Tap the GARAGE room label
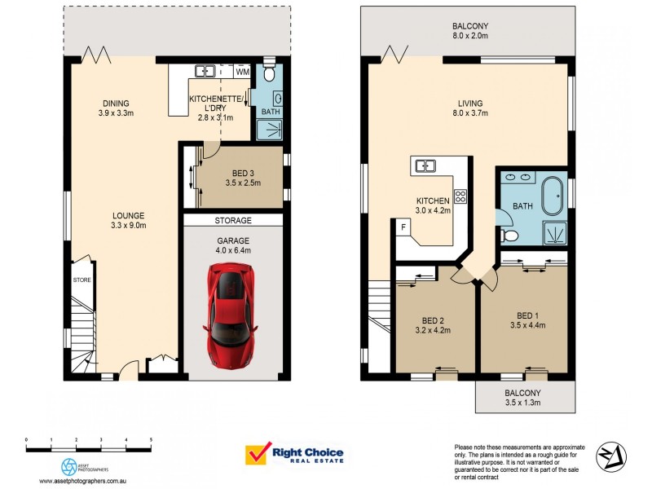pos(232,240)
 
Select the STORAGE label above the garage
pos(232,221)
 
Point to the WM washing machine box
pos(242,73)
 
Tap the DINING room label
pos(116,104)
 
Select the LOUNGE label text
pos(129,216)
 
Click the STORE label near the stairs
pos(81,280)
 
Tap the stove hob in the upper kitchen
pos(460,196)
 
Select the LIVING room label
pos(469,104)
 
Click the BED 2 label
pos(434,320)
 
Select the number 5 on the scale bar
pos(151,439)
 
